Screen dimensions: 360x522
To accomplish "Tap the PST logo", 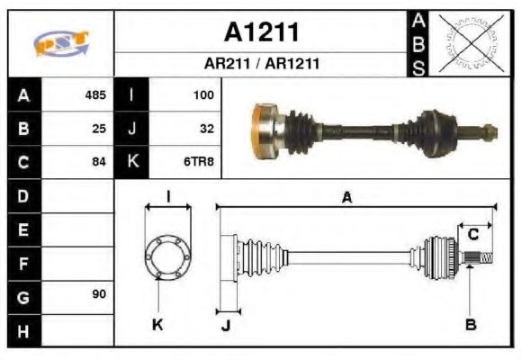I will (60, 43).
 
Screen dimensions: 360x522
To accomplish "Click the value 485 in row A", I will (94, 94).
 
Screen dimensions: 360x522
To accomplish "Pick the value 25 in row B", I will (99, 129).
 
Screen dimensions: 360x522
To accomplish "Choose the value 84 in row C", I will (99, 162).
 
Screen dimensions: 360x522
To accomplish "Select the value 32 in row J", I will (206, 129).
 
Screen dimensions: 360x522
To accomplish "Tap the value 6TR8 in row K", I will (199, 162).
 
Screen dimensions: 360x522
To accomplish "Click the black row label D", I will (23, 195).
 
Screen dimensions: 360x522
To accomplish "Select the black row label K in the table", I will (133, 162).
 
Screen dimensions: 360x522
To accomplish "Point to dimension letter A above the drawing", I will (346, 198).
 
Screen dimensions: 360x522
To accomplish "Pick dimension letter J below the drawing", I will (225, 326).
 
